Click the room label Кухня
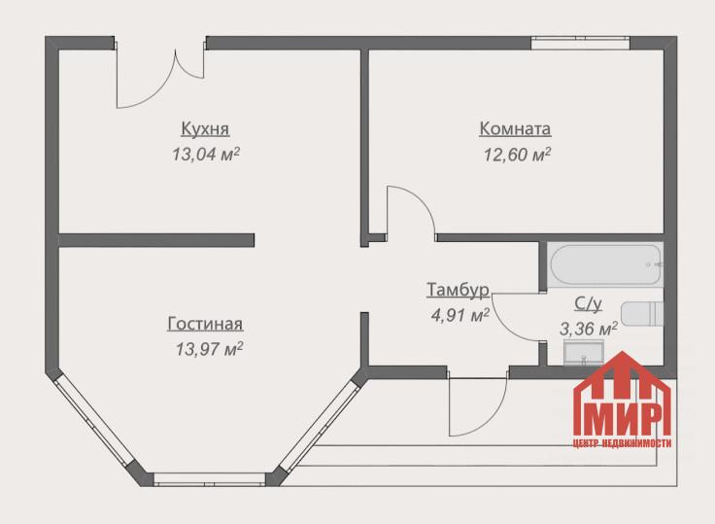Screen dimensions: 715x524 tap(205, 128)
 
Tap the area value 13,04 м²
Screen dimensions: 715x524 tap(206, 155)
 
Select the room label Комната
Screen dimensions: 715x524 tap(515, 128)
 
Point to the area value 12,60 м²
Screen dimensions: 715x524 tap(517, 155)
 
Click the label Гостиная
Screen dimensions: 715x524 tap(205, 324)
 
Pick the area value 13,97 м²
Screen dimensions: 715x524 tap(209, 350)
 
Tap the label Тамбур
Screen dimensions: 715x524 tap(459, 290)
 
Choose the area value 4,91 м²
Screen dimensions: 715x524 tap(460, 315)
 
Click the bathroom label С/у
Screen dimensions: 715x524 tap(588, 304)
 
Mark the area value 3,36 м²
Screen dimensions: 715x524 tap(589, 329)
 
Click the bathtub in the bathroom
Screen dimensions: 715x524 tap(605, 264)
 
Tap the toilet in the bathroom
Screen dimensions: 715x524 tap(642, 314)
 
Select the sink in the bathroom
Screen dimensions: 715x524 tap(584, 352)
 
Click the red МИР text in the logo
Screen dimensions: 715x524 tap(622, 420)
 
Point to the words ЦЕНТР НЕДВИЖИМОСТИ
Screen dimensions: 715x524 tap(622, 443)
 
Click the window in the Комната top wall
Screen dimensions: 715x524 tap(580, 43)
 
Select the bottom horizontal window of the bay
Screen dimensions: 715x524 tap(209, 479)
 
